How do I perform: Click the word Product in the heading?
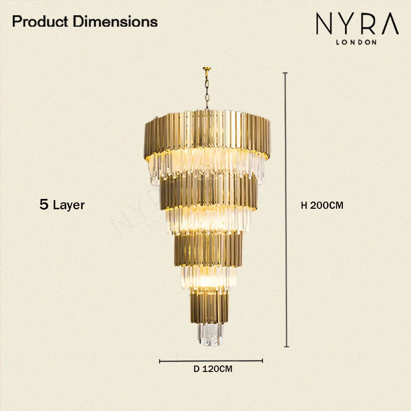(x=40, y=21)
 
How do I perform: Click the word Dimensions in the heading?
(x=115, y=21)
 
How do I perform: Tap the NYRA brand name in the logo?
(x=357, y=23)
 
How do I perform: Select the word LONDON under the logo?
(x=356, y=42)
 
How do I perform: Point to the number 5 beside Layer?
(x=44, y=204)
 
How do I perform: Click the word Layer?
(x=69, y=205)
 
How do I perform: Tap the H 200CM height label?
(x=322, y=205)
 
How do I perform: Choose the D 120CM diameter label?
(x=213, y=369)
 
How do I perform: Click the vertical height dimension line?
(x=286, y=210)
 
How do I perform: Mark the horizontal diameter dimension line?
(x=211, y=361)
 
